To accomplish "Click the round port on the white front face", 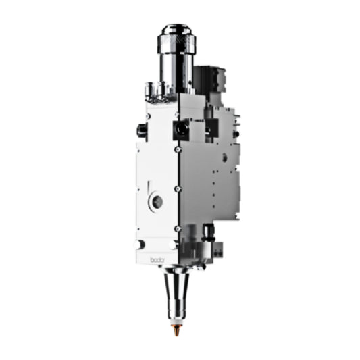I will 157,201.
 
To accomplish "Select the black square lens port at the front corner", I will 182,129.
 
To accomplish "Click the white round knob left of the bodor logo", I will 140,245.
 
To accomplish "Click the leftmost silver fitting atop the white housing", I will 149,88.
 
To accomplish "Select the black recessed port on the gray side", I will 212,128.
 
